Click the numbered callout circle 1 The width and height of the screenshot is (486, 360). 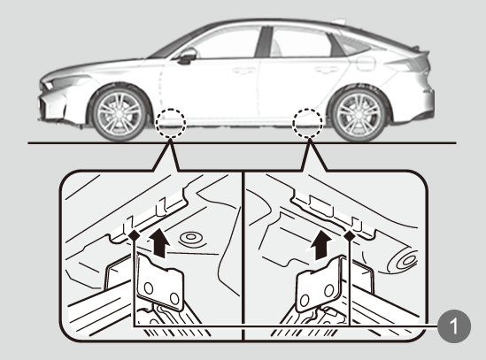coord(454,326)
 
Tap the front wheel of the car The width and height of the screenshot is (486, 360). coord(120,113)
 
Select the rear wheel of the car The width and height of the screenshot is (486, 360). coord(359,114)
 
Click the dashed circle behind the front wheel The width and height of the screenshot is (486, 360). coord(171,123)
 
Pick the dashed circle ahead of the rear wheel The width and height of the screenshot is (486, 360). coord(307,123)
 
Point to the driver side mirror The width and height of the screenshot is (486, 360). coord(187,56)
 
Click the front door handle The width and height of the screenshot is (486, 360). coord(244,71)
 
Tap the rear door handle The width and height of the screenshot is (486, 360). coord(327,70)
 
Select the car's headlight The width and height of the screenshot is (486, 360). coord(62,81)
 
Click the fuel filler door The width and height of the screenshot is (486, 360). coord(366,64)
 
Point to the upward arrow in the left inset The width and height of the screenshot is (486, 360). coord(159,242)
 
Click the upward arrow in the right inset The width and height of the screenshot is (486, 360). coord(321,245)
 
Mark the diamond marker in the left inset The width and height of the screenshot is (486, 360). coord(135,235)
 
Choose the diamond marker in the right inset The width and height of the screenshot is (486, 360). coord(350,236)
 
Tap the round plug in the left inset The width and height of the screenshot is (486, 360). coord(191,239)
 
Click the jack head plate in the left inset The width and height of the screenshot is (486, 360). coord(160,282)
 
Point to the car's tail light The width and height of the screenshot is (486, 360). coord(409,64)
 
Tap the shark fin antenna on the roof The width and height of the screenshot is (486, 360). coord(338,21)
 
